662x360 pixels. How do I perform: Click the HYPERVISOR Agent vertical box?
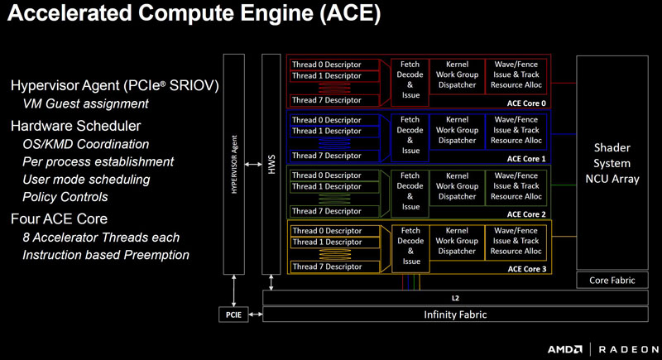tap(235, 164)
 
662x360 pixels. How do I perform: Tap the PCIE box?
tap(232, 314)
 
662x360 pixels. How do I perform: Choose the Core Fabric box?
tap(611, 280)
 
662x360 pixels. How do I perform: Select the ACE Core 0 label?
tap(526, 103)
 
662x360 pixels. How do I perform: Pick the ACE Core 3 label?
tap(526, 268)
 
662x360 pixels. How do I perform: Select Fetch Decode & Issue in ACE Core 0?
tap(410, 79)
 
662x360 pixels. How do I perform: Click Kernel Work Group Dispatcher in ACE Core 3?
tap(456, 241)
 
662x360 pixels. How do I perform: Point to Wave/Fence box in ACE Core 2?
tap(517, 186)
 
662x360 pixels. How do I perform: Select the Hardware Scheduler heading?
tap(75, 126)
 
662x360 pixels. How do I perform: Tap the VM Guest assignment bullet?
tap(85, 103)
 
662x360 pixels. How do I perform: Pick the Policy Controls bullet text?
tap(65, 197)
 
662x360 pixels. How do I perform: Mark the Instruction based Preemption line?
tap(106, 255)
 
